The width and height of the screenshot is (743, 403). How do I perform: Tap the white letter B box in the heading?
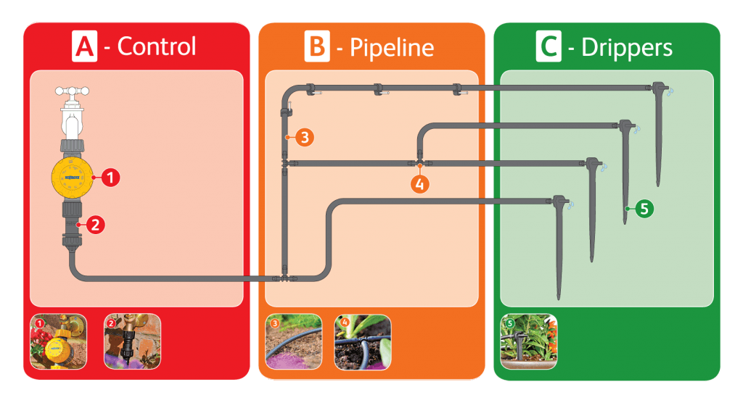coord(317,46)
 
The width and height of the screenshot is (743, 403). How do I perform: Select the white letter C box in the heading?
coord(549,46)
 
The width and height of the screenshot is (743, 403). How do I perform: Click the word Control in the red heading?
coord(157,46)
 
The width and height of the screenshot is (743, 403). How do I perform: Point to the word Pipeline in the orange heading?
coord(392,47)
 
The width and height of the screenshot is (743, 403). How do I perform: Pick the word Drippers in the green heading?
coord(627,47)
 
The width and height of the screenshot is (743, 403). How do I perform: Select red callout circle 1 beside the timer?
coord(110,176)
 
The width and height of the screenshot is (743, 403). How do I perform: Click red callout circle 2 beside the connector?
coord(95,224)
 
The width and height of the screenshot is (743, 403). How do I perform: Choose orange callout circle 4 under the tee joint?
coord(419,183)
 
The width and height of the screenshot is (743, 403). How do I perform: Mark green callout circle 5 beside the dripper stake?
coord(645,209)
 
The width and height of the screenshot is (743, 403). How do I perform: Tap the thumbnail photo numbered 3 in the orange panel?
coord(293,341)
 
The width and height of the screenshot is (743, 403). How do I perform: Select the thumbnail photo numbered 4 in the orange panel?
coord(363,341)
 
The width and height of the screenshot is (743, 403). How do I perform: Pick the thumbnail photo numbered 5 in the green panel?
coord(528,341)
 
